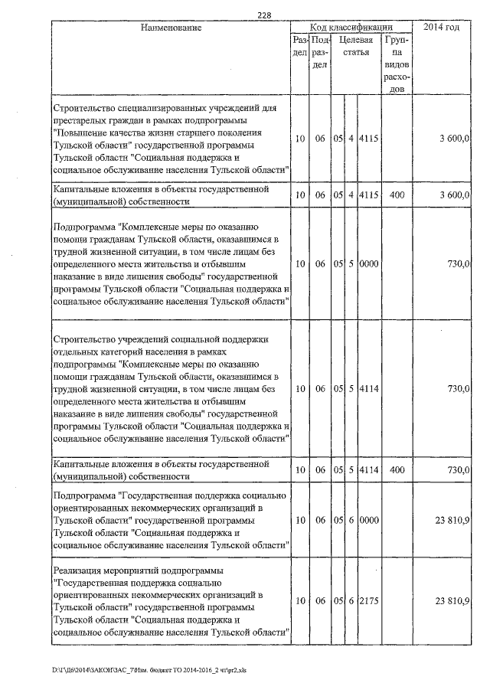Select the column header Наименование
171,28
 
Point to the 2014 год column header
446,28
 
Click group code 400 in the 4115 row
397,195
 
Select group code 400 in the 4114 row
397,469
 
